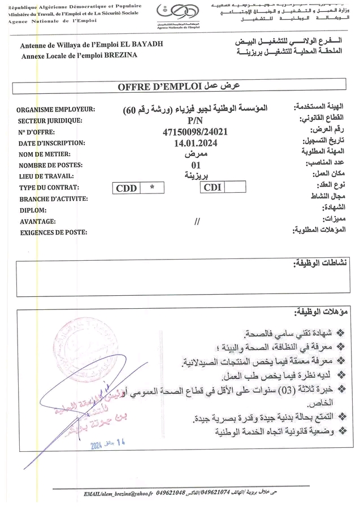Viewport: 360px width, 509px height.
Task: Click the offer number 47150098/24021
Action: point(194,132)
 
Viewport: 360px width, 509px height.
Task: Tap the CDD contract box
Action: point(126,188)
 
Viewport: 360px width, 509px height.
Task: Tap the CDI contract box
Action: point(213,187)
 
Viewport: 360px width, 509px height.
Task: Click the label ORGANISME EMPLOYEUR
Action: point(56,110)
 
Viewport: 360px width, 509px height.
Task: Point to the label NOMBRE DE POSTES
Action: point(50,165)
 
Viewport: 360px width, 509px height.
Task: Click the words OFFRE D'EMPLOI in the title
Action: point(160,87)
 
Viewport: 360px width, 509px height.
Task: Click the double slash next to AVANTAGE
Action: point(197,221)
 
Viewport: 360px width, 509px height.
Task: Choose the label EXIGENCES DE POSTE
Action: point(53,232)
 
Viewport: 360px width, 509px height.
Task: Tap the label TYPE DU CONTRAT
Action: point(49,187)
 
